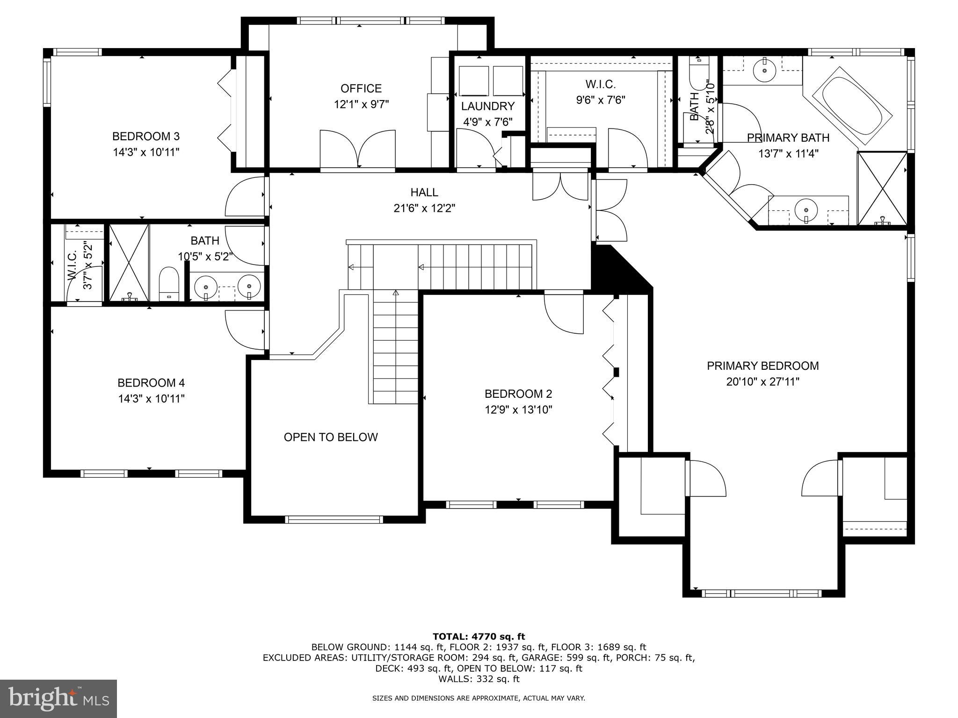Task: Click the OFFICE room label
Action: (361, 88)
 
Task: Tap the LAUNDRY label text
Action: (487, 106)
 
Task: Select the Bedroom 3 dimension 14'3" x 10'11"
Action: (146, 152)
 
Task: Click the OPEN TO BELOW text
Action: (331, 437)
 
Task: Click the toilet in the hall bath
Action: (169, 283)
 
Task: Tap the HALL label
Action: (424, 192)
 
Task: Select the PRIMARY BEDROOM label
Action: (762, 366)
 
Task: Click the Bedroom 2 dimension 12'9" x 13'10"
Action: (518, 410)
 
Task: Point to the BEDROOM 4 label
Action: (151, 383)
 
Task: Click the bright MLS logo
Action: (58, 698)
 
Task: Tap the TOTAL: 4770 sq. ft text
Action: (479, 636)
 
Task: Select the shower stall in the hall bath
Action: (129, 263)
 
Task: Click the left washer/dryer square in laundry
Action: (473, 81)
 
